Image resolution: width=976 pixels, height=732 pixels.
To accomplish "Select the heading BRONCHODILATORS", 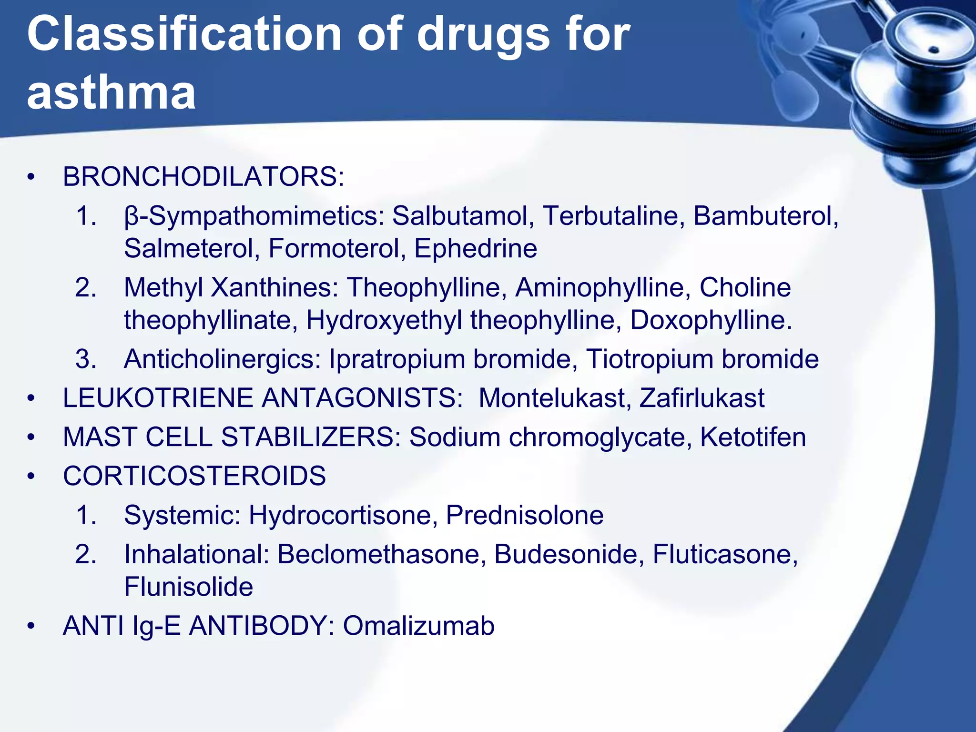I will pyautogui.click(x=203, y=177).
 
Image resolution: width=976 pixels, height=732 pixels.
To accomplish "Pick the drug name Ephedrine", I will pyautogui.click(x=475, y=248).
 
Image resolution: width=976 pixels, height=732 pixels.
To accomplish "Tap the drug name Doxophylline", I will pyautogui.click(x=711, y=320).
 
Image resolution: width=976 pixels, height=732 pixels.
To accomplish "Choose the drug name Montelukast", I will pyautogui.click(x=555, y=398).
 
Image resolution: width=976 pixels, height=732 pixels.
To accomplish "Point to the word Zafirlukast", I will pyautogui.click(x=701, y=398).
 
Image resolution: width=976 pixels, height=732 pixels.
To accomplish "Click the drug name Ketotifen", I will pyautogui.click(x=753, y=437).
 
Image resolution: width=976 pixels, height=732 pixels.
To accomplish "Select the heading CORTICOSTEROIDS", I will pyautogui.click(x=194, y=476).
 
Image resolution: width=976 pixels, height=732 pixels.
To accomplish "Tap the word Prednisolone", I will pyautogui.click(x=524, y=515).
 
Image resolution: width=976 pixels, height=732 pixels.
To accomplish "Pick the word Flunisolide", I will pyautogui.click(x=188, y=587).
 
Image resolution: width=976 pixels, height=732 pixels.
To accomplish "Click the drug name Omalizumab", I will pyautogui.click(x=418, y=626).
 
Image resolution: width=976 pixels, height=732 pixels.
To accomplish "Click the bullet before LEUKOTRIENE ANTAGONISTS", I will pyautogui.click(x=31, y=398).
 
